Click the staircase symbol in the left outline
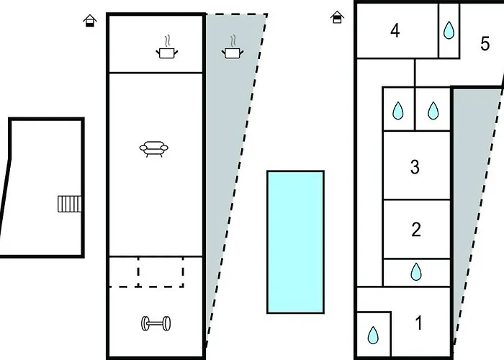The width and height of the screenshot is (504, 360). point(69,204)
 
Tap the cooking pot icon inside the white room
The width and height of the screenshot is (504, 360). point(167,53)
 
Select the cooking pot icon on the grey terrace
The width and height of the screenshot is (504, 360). point(231,53)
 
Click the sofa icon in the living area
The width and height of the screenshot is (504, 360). point(155,149)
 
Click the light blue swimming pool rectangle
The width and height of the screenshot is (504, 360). point(295,241)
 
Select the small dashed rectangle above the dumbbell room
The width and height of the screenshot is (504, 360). point(160,271)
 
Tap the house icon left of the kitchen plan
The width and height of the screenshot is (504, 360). point(89,20)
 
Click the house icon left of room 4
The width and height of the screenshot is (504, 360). point(336,17)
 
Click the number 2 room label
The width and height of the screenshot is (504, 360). point(415,230)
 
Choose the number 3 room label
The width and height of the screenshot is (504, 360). point(415,167)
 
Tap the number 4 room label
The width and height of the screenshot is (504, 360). point(395,31)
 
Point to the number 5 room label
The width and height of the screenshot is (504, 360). point(485,43)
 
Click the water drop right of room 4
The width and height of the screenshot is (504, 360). point(449,30)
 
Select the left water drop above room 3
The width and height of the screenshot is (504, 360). point(397,111)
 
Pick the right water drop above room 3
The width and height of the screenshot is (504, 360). point(433,111)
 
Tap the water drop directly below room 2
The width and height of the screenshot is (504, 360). point(415,271)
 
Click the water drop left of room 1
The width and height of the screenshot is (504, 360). point(373,335)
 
